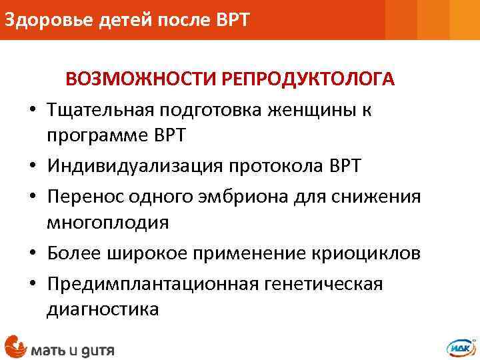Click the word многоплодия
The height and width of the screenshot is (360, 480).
107,223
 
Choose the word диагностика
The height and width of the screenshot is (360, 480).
103,309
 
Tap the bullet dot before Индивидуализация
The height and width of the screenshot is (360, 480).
31,166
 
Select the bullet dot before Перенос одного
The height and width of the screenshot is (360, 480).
31,197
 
